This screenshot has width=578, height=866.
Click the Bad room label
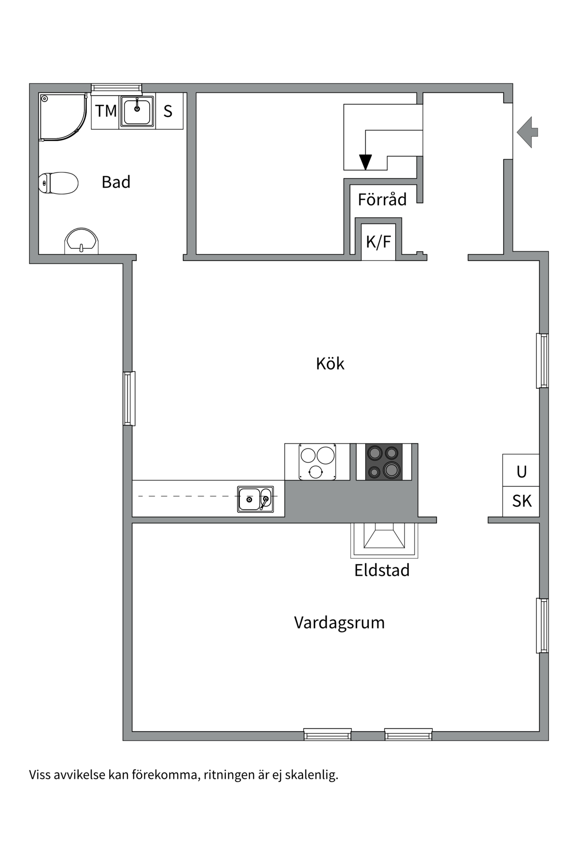116,182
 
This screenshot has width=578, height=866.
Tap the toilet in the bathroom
59,183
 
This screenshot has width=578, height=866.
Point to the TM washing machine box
106,111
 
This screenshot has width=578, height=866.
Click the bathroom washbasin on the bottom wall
81,241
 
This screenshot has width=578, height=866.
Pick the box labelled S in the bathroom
168,111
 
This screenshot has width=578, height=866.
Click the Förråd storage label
382,199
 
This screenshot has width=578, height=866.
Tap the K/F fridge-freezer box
378,242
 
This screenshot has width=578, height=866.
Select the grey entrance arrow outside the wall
527,132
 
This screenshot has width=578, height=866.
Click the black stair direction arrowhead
365,162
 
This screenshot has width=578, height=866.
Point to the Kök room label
330,364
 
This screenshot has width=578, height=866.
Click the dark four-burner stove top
384,462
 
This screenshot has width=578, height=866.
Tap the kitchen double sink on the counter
255,499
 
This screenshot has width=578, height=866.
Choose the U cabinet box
521,471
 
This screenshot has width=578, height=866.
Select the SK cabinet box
522,501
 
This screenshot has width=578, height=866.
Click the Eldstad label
382,571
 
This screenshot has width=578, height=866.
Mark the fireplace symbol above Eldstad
384,539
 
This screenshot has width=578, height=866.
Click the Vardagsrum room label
340,623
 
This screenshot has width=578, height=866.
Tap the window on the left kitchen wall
129,398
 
